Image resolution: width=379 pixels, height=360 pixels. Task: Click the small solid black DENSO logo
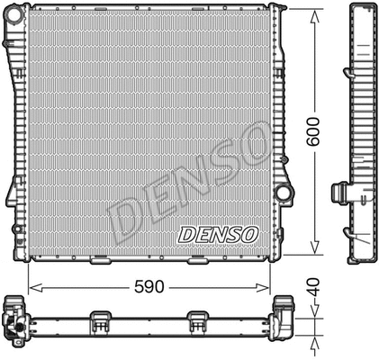(x=218, y=234)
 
